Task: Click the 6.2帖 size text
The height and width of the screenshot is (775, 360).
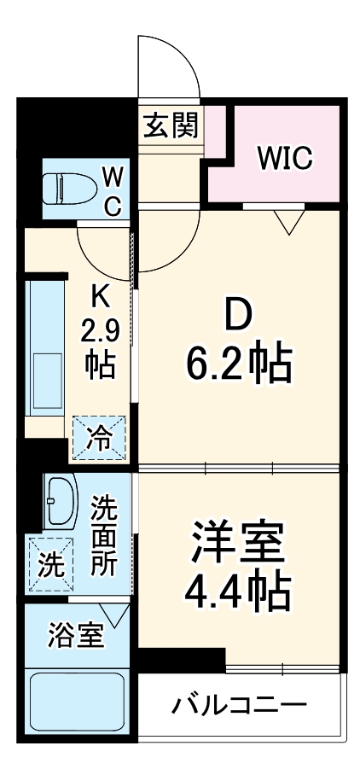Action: [239, 364]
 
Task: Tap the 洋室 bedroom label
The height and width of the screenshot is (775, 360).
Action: [239, 539]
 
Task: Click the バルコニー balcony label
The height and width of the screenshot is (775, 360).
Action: [239, 707]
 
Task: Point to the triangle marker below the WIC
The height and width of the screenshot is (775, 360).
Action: [290, 222]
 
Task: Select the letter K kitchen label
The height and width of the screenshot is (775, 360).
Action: [100, 297]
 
